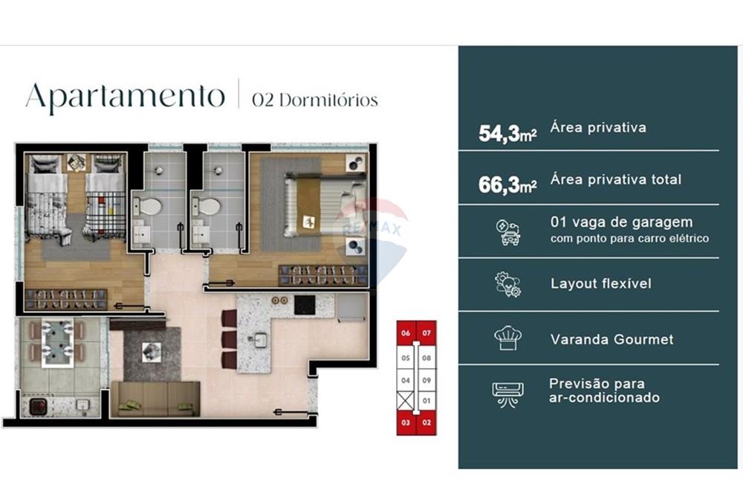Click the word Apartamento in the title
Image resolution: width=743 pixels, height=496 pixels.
(x=125, y=97)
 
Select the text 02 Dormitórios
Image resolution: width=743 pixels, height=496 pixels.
(x=314, y=100)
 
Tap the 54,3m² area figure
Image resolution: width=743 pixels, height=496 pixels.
(x=507, y=134)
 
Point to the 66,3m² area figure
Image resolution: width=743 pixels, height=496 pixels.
(x=507, y=186)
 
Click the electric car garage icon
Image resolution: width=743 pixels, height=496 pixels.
(x=508, y=232)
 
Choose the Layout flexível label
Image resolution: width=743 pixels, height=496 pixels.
(x=600, y=284)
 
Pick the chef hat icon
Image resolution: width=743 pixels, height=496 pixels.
(x=508, y=338)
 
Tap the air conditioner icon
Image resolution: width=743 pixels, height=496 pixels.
(x=508, y=392)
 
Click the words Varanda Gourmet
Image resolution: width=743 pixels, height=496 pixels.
(x=612, y=339)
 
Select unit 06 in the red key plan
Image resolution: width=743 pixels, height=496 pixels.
(x=406, y=334)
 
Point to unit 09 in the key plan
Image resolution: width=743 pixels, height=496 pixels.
(x=426, y=381)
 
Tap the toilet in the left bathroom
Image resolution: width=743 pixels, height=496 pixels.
(x=151, y=206)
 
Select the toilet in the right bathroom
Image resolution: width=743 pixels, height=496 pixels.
(x=210, y=206)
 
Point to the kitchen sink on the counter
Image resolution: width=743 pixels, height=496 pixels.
(x=259, y=341)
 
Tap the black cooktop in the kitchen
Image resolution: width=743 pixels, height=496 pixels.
(x=305, y=304)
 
